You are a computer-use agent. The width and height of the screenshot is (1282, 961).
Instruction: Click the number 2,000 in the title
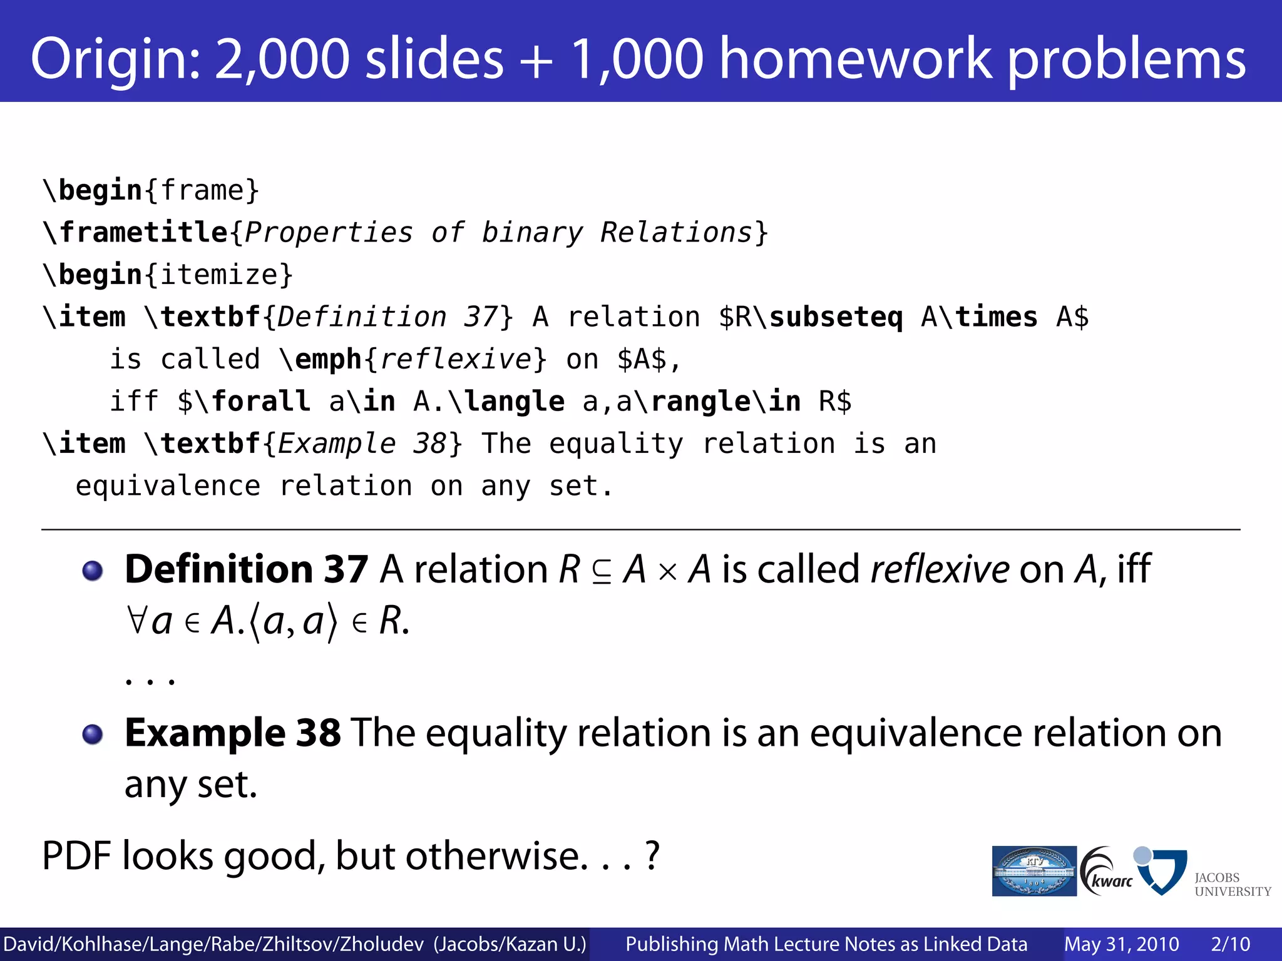tap(282, 59)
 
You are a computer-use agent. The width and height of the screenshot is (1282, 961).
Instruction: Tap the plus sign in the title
tap(536, 60)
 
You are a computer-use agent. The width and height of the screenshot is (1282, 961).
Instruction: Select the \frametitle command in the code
tap(135, 233)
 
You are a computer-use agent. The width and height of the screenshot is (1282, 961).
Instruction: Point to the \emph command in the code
tap(320, 360)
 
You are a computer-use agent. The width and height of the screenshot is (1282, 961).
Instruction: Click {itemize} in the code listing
tap(219, 275)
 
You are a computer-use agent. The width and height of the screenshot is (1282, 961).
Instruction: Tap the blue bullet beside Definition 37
tap(93, 571)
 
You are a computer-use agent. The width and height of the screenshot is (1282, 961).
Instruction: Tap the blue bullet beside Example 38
tap(93, 734)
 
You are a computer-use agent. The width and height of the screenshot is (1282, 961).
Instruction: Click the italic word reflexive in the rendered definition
tap(939, 569)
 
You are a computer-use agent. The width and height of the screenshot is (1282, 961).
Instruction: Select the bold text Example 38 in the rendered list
tap(233, 733)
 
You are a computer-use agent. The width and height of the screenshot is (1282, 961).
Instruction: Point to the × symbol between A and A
tap(668, 572)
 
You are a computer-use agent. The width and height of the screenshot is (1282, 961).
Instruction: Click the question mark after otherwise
tap(652, 855)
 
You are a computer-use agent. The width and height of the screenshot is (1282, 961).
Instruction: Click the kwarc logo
tap(1106, 871)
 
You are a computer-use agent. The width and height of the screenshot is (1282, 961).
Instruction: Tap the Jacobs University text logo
tap(1231, 884)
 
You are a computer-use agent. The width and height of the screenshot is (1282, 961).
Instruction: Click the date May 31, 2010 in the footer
tap(1121, 944)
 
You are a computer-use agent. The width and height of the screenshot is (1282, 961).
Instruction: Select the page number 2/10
tap(1230, 944)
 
